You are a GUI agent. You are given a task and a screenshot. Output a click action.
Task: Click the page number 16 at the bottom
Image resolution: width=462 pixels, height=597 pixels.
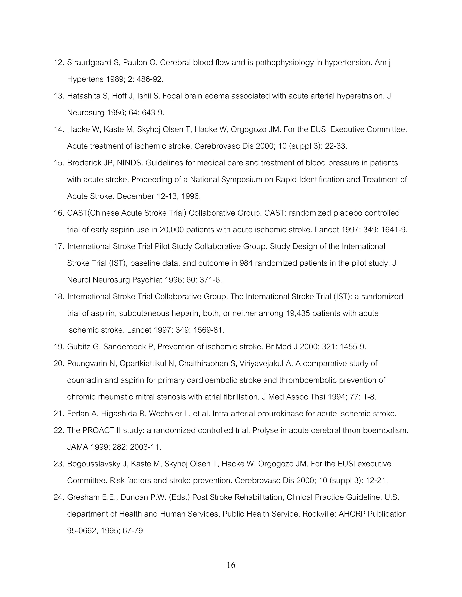[x=231, y=565]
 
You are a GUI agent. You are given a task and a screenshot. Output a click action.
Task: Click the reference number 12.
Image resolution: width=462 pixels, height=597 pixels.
[x=59, y=63]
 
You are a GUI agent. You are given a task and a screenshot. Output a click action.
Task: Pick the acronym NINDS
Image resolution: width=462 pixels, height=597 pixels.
[x=130, y=163]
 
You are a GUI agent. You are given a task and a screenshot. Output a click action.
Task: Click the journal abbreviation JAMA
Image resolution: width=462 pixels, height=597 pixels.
[x=77, y=447]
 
